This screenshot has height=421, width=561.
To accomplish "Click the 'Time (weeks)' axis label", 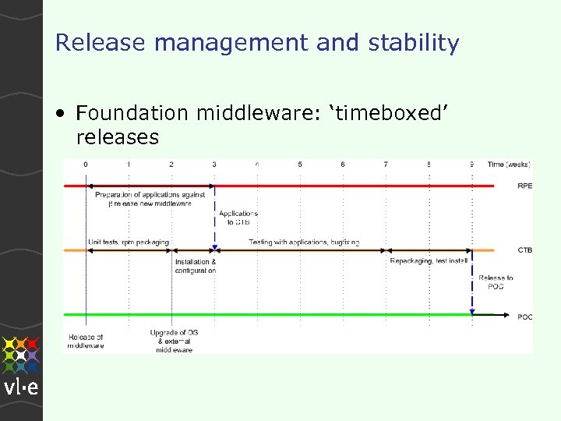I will click(x=509, y=165).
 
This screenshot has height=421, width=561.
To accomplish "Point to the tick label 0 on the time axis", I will click(x=86, y=165).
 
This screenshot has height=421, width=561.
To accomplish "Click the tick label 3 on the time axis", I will click(x=214, y=165).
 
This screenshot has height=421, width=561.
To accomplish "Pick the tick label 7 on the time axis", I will click(x=386, y=165).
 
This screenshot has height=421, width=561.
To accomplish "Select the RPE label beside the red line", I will click(x=525, y=186).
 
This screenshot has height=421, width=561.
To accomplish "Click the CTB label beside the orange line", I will click(x=525, y=250).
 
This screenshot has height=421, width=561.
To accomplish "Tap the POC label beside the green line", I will click(x=525, y=317).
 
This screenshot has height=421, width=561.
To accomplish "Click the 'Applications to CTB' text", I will click(x=238, y=218).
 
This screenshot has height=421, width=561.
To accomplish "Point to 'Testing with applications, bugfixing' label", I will click(x=304, y=242).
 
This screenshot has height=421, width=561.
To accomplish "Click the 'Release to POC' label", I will click(x=496, y=281).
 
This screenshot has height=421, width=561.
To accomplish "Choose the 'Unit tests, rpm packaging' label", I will click(x=129, y=242).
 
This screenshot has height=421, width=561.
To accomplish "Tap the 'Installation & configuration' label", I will click(x=196, y=266).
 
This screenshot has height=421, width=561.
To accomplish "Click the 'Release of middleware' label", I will click(x=86, y=341).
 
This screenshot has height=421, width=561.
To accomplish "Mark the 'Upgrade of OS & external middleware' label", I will click(x=174, y=341).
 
